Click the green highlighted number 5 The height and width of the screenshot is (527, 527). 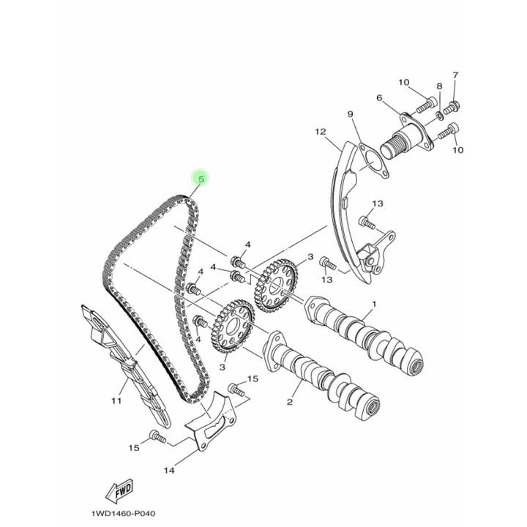[201, 179]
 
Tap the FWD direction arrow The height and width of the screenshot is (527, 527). [119, 491]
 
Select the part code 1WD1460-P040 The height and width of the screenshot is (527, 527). [124, 514]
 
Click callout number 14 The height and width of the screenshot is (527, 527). [169, 470]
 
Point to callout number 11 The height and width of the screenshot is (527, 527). [116, 400]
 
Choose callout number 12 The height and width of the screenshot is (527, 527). [321, 132]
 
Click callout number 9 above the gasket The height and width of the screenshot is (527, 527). [350, 114]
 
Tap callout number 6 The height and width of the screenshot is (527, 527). [379, 98]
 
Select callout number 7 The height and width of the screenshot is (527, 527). [455, 75]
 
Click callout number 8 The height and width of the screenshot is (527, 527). [439, 86]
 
